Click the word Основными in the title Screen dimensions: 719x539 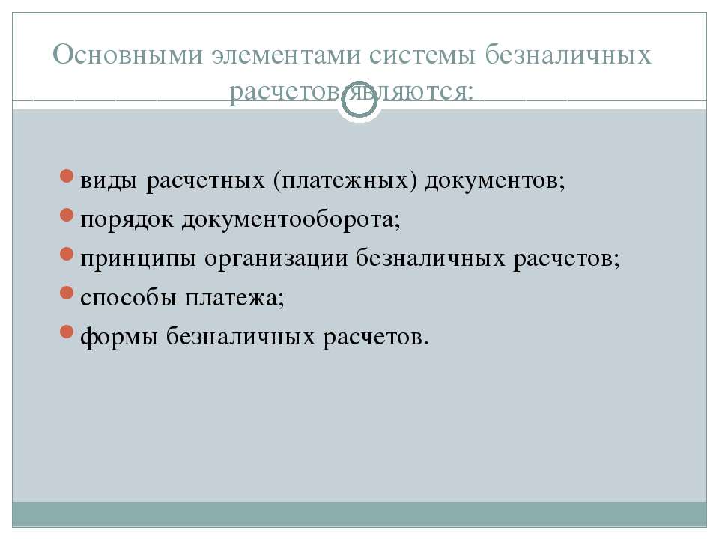[127, 55]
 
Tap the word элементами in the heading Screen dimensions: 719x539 [285, 55]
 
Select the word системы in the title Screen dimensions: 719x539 [422, 55]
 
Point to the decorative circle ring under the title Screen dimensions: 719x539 [359, 98]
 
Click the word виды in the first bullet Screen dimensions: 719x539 [109, 180]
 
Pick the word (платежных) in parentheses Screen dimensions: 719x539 [345, 180]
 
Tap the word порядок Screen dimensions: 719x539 [127, 220]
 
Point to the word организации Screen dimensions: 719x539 [276, 259]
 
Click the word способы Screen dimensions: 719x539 [128, 297]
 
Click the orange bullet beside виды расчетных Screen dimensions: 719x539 [67, 177]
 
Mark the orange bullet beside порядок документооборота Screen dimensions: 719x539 [67, 215]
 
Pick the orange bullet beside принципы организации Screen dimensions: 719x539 [67, 254]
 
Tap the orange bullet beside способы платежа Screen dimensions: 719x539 [67, 293]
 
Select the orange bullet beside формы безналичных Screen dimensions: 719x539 [67, 332]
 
